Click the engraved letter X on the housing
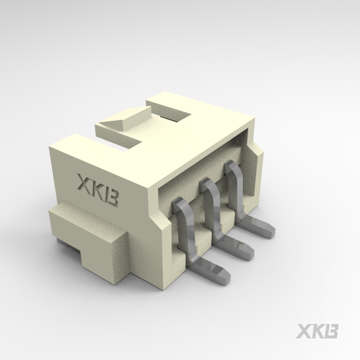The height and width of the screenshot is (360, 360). [85, 183]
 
